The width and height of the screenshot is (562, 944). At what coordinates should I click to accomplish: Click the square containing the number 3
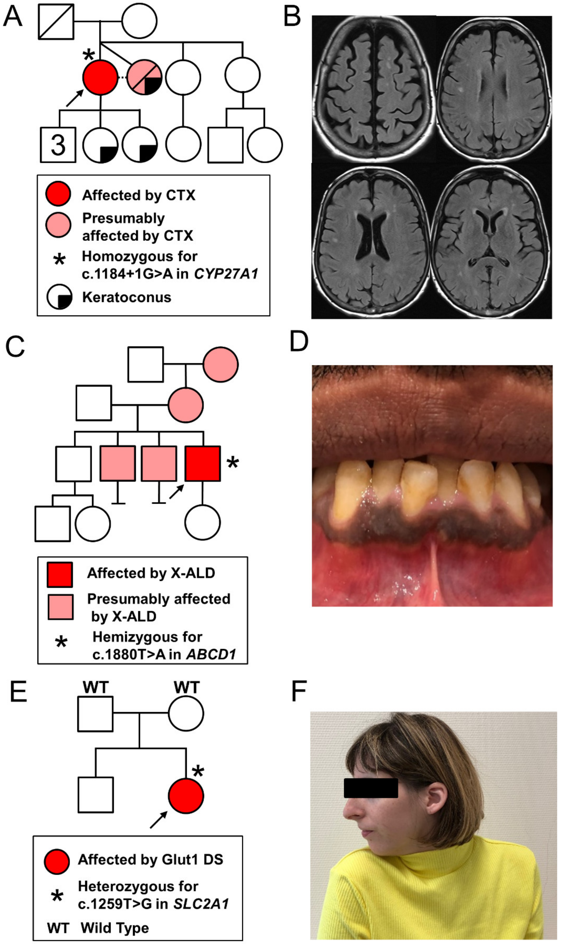[58, 145]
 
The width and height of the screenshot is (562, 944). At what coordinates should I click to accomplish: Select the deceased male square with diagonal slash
[56, 22]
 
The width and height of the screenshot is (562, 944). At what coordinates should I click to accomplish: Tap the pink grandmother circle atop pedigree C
[220, 364]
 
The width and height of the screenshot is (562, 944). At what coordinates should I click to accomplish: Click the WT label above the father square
[95, 687]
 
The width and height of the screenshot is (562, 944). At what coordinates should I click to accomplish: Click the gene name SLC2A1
[201, 904]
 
